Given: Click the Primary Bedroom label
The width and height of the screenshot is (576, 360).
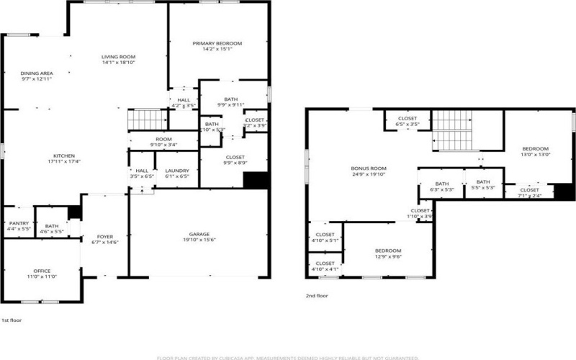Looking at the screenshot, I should pos(217,44).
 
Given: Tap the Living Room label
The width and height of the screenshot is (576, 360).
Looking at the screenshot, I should pos(119,57).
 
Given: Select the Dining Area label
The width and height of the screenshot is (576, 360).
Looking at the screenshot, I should pos(36,73).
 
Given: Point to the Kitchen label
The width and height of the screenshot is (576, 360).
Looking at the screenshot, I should pos(64,156).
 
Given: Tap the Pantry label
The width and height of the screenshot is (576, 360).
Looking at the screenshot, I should pos(18,224).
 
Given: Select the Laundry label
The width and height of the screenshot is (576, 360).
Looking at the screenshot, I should pos(176,171).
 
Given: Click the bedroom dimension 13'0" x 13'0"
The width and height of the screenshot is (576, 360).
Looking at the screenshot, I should pos(535,154).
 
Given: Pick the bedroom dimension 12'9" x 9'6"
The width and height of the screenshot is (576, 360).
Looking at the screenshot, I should pos(387,256).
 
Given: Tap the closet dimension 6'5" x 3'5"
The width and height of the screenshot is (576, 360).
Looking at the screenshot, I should pos(408,125).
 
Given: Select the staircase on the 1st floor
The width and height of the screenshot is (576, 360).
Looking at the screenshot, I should pos(148,120).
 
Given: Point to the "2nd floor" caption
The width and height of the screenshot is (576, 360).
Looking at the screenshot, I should pos(317,295).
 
